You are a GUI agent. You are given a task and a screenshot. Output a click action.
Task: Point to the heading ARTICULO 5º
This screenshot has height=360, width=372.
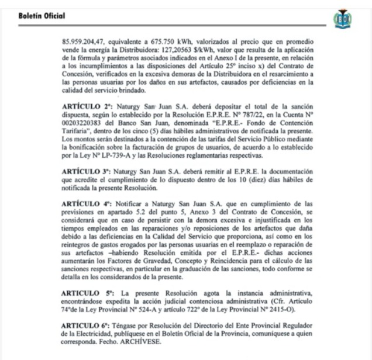[x=87, y=290]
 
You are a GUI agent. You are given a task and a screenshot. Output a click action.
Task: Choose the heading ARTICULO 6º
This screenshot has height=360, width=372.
[x=87, y=325]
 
